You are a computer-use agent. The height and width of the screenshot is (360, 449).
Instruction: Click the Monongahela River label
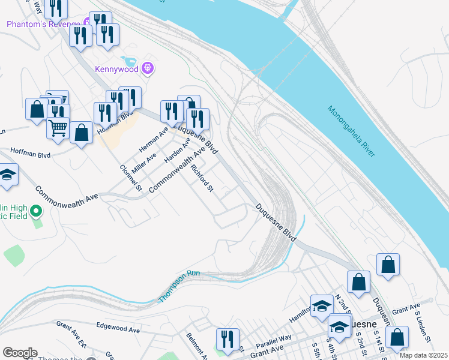[352, 132]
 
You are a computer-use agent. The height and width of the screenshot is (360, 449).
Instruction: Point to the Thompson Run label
[178, 286]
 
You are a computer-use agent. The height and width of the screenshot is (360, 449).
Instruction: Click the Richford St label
[203, 178]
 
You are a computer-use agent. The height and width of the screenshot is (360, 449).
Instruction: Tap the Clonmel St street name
[130, 178]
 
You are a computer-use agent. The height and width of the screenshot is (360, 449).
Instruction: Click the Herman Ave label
[154, 140]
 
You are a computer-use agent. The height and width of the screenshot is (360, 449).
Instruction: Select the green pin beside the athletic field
[36, 211]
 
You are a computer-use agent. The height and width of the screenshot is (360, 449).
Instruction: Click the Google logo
[20, 353]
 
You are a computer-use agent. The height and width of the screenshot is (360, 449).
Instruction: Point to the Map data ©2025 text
[423, 355]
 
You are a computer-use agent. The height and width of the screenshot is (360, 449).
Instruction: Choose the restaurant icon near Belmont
[228, 340]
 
